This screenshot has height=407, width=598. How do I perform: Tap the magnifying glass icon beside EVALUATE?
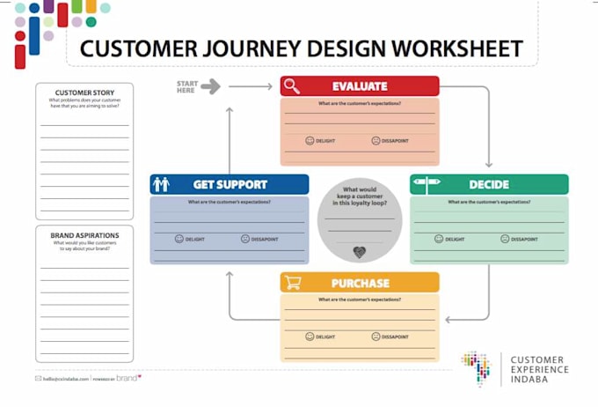click(x=292, y=86)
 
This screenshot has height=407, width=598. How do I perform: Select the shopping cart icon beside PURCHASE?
click(x=292, y=283)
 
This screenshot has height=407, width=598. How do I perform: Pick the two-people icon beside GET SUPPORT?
click(x=161, y=184)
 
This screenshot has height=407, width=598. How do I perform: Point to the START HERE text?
click(x=186, y=86)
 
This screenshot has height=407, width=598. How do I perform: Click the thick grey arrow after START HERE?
click(x=210, y=86)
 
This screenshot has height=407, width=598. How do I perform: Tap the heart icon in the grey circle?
click(x=360, y=252)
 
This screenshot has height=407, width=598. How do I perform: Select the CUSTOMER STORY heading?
click(x=84, y=92)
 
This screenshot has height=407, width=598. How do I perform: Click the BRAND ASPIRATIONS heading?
click(x=84, y=235)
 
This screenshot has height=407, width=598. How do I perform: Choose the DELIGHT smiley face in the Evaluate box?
click(x=310, y=140)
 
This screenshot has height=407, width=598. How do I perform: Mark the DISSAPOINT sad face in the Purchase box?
click(x=376, y=337)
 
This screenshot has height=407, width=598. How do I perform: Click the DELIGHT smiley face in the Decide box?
click(x=439, y=239)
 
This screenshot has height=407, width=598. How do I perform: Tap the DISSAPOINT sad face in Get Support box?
click(x=245, y=239)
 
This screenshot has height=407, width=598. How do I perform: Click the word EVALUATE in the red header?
click(x=360, y=86)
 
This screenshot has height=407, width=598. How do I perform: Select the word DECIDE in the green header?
click(x=490, y=184)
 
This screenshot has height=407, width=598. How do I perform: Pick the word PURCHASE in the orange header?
click(x=360, y=283)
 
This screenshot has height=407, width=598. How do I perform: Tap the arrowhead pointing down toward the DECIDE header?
click(x=489, y=164)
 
